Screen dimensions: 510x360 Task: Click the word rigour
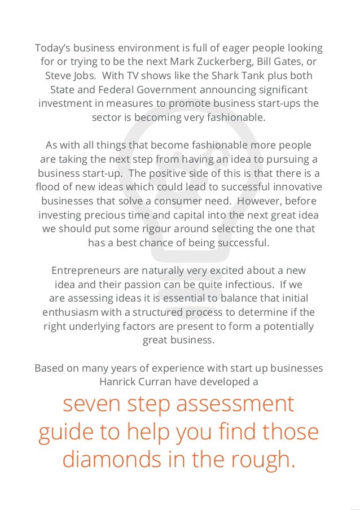(148, 229)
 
